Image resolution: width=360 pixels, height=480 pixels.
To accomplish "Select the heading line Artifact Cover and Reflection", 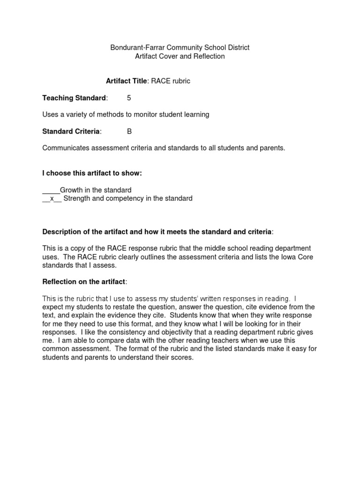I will (180, 56).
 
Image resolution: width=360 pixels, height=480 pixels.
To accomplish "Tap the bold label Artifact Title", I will (127, 81).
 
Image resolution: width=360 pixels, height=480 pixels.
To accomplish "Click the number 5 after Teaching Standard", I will (129, 98).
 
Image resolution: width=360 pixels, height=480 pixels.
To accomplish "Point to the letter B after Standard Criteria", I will (129, 132).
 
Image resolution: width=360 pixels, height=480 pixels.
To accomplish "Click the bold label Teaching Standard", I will (74, 98).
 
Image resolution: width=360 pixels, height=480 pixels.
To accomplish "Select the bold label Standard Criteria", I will (71, 132).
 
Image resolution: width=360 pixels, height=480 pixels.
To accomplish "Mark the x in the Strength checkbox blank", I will (52, 199).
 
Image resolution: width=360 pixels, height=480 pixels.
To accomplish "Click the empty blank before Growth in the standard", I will (51, 190).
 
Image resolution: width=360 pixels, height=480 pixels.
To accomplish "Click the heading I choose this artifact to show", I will (92, 173).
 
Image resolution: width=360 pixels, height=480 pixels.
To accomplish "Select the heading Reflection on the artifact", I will (84, 282).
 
